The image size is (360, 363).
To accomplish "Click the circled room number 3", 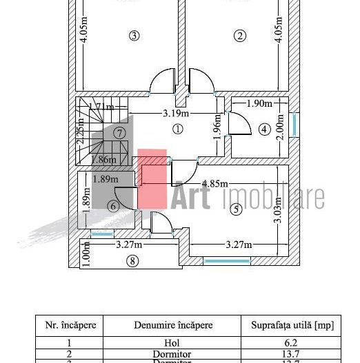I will pyautogui.click(x=134, y=36).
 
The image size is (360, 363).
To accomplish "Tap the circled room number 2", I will pyautogui.click(x=240, y=36).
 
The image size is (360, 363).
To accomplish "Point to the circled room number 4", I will pyautogui.click(x=264, y=129).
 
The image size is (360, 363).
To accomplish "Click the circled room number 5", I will pyautogui.click(x=237, y=210).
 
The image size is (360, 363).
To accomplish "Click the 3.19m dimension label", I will pyautogui.click(x=177, y=112).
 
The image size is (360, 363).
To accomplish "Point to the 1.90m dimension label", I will pyautogui.click(x=259, y=103).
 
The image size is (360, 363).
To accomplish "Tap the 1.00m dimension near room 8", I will pyautogui.click(x=86, y=257).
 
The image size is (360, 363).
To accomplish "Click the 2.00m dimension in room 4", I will pyautogui.click(x=279, y=128).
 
